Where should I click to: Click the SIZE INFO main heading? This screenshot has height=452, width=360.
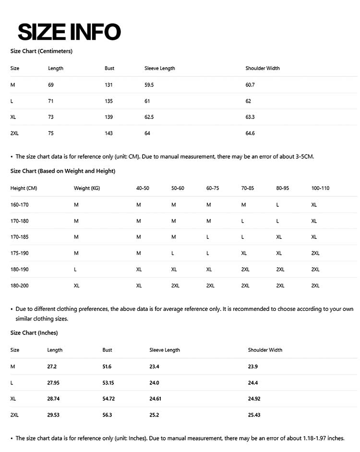[x=69, y=32]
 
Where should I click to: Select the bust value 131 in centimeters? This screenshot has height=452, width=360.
[x=108, y=85]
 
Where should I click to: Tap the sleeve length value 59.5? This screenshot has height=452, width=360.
[x=149, y=85]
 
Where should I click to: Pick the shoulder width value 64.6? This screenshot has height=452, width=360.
[x=250, y=133]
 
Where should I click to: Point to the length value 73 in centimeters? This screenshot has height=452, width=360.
[x=51, y=117]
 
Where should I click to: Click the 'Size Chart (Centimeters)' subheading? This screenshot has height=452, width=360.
[x=41, y=51]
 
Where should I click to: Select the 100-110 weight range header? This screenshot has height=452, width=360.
[x=320, y=188]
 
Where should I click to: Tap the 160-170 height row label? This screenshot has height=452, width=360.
[x=20, y=205]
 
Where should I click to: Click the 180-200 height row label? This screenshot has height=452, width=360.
[x=20, y=285]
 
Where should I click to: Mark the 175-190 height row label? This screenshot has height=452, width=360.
[x=20, y=253]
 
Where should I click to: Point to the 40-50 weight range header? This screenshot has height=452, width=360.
[x=143, y=188]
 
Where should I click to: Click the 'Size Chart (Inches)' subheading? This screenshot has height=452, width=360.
[x=34, y=333]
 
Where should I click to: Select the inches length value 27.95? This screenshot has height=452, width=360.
[x=53, y=383]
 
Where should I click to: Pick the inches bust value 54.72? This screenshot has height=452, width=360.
[x=108, y=399]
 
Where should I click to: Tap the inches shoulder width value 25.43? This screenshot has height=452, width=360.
[x=254, y=415]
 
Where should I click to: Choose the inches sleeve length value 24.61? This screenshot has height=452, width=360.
[x=156, y=399]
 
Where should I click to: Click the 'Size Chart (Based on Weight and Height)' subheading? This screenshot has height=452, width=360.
[x=63, y=171]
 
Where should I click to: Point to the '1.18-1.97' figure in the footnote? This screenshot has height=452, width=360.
[x=318, y=438]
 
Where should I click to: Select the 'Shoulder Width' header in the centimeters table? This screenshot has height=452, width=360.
[x=263, y=68]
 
